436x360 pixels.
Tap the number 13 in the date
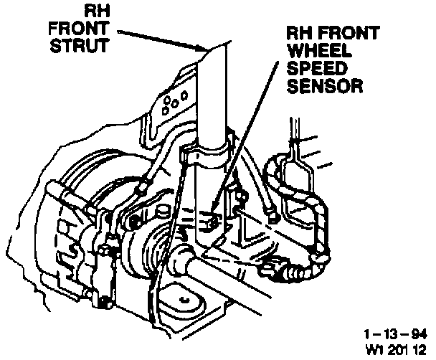(391, 333)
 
